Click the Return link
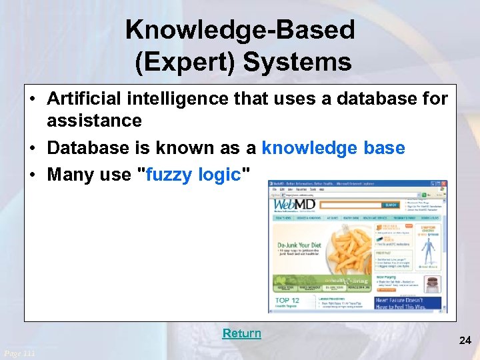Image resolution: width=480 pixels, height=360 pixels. pyautogui.click(x=241, y=333)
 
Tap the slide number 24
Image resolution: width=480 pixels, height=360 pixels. pyautogui.click(x=465, y=341)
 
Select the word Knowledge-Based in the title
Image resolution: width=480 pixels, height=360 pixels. pyautogui.click(x=240, y=30)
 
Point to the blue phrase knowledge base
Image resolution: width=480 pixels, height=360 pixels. pyautogui.click(x=333, y=148)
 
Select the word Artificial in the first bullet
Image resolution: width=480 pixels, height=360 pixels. pyautogui.click(x=85, y=99)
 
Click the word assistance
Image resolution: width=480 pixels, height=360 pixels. pyautogui.click(x=94, y=121)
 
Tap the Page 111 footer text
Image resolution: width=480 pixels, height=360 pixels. pyautogui.click(x=19, y=353)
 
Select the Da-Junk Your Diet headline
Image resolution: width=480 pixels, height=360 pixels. pyautogui.click(x=300, y=245)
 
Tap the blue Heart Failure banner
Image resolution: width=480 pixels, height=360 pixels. pyautogui.click(x=409, y=303)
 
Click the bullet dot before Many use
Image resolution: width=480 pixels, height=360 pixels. pyautogui.click(x=33, y=175)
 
